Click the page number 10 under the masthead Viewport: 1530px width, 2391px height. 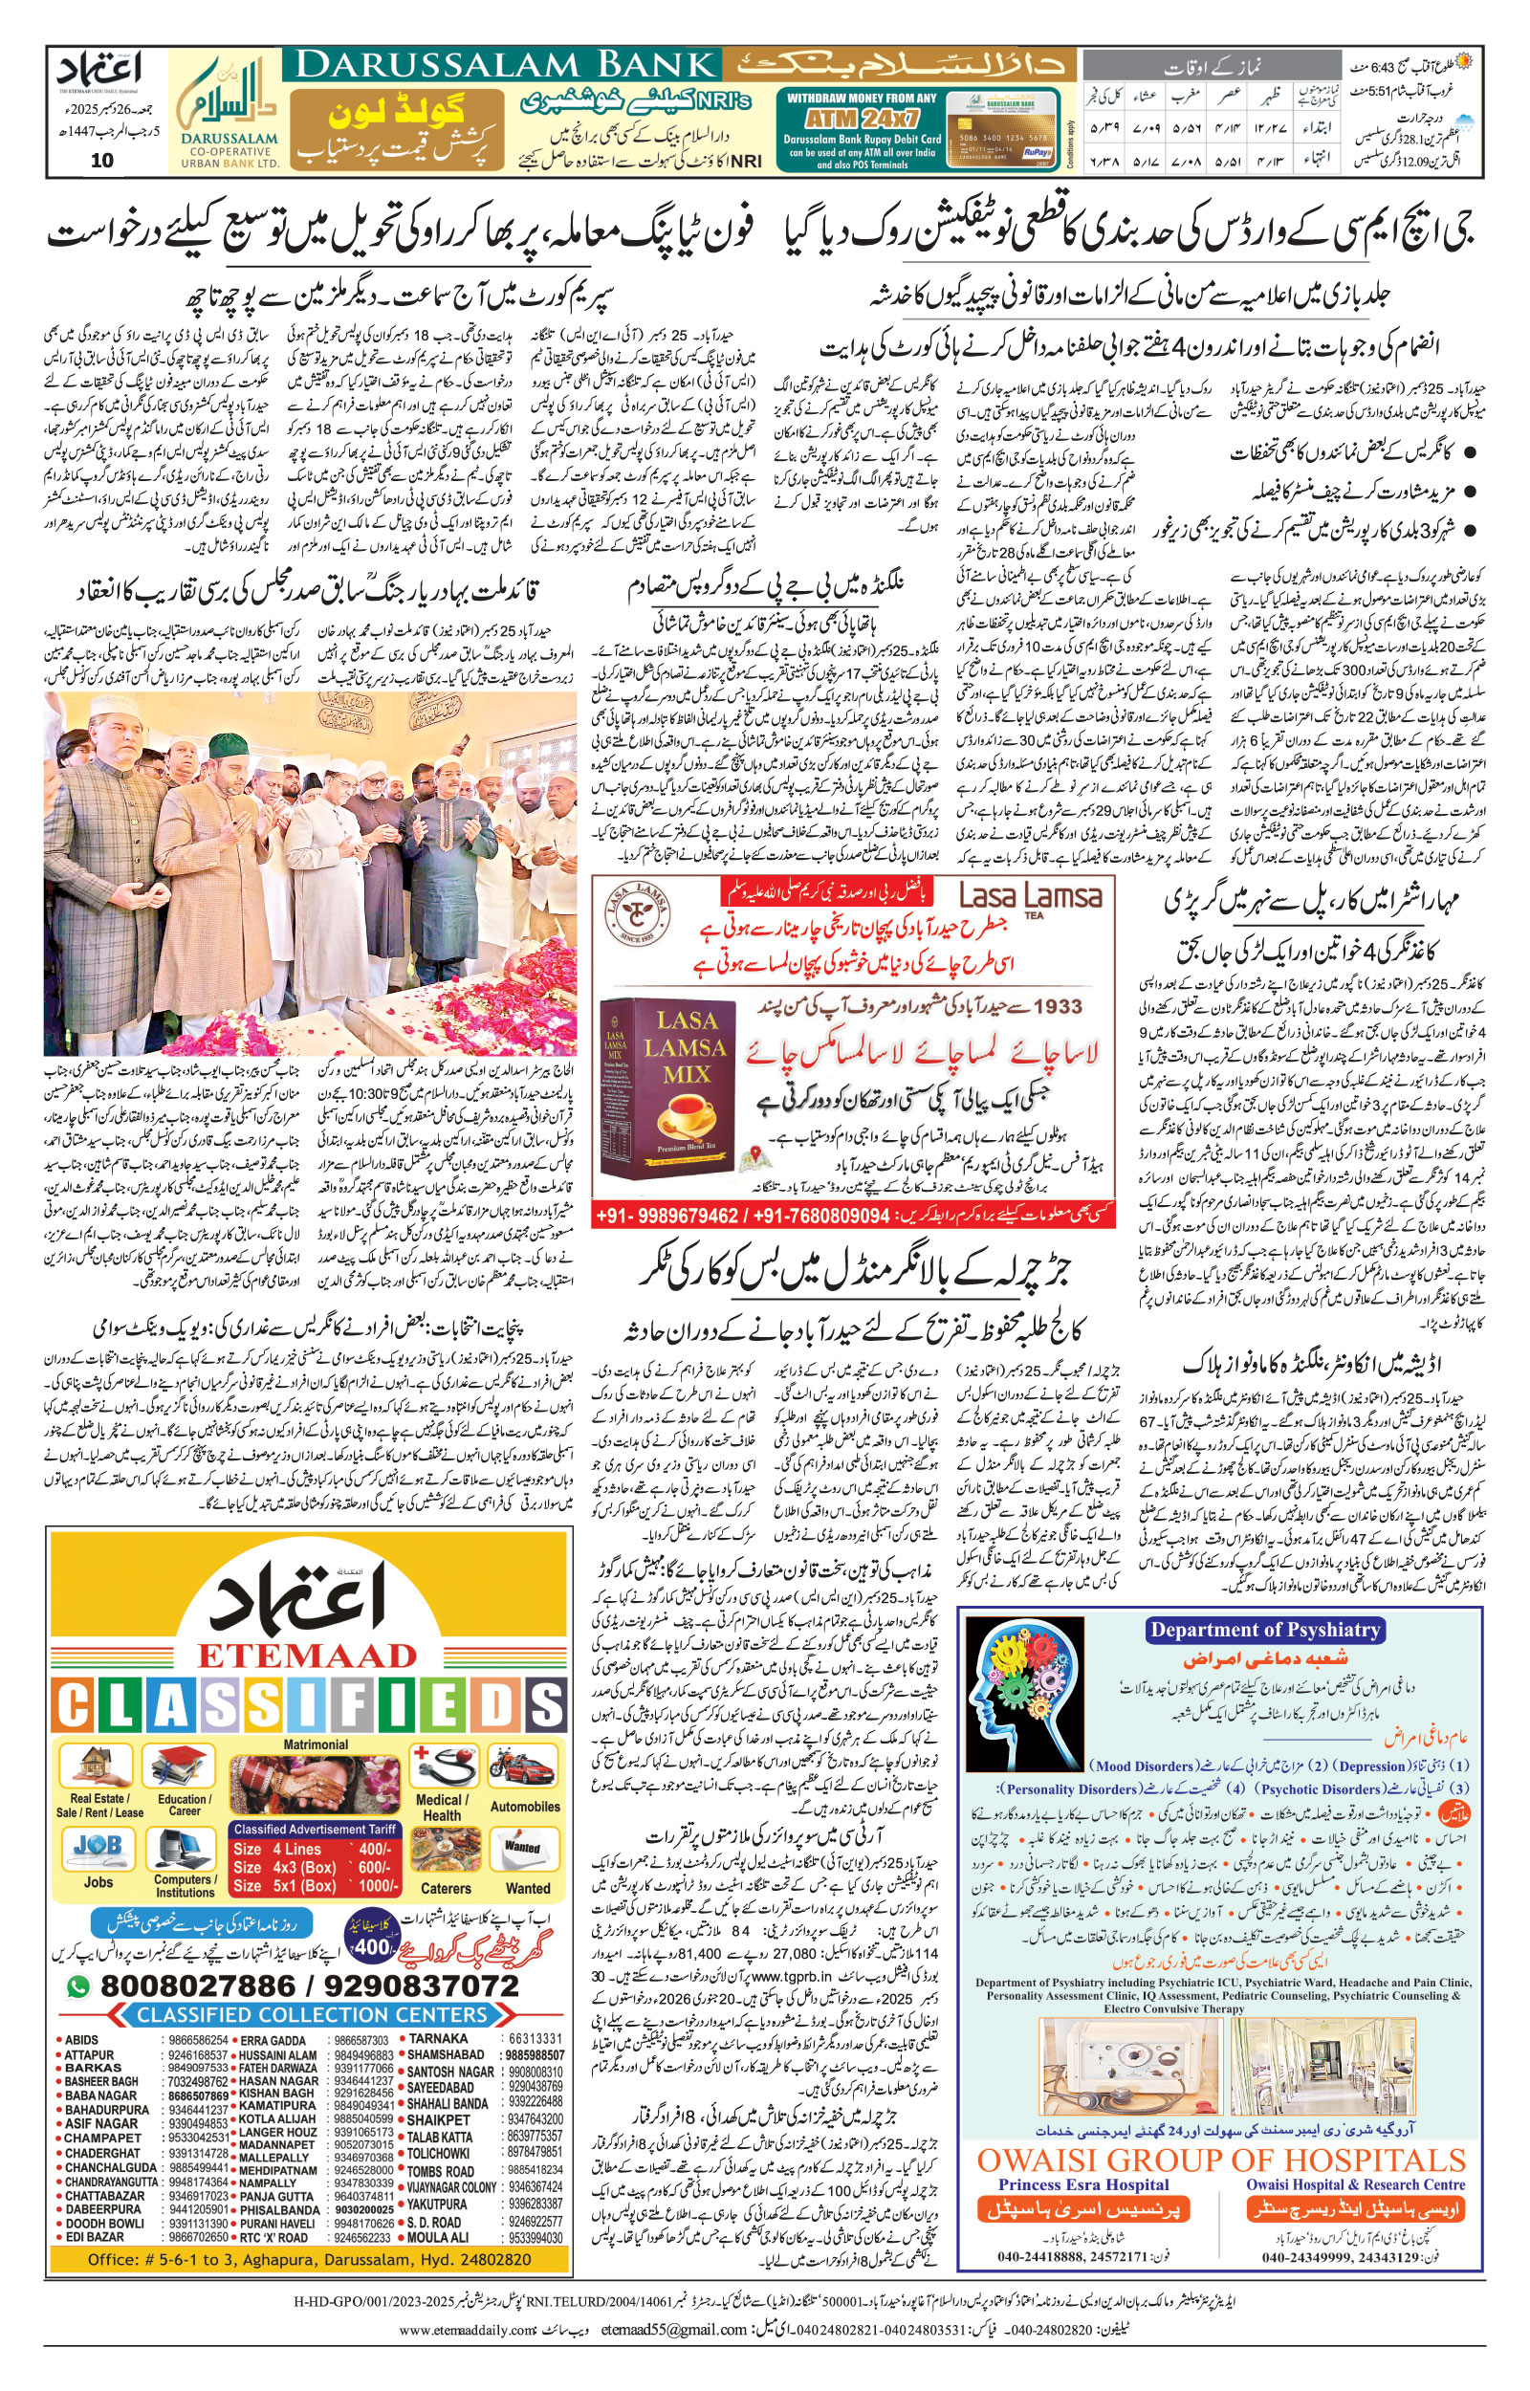102,161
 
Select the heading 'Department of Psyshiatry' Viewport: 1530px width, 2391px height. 1265,1629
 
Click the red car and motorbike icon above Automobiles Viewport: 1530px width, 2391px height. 522,1767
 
